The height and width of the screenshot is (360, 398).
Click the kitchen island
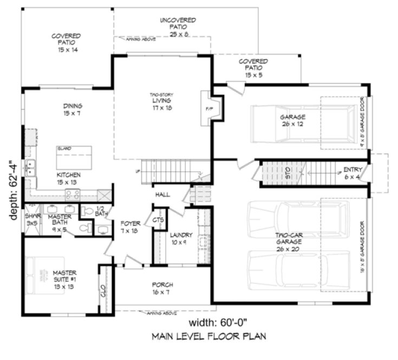tap(74, 157)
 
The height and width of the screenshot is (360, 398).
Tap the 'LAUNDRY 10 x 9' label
tap(181, 239)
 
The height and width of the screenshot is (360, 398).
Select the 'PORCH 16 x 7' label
tap(163, 288)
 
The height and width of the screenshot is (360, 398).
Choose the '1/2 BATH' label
tap(101, 212)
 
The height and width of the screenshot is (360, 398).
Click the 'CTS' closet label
tap(158, 220)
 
